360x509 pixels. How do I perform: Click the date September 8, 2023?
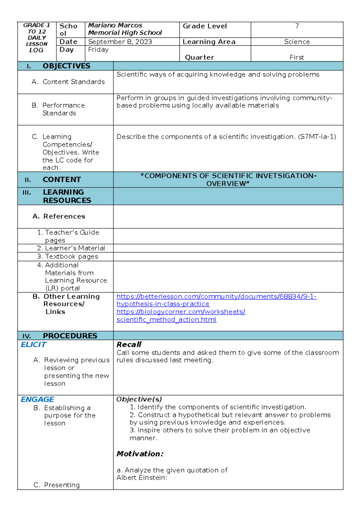120,42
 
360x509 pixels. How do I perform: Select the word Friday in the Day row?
98,50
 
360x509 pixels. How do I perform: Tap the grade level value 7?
297,26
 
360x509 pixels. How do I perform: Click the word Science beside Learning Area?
297,42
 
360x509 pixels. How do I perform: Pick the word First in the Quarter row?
297,57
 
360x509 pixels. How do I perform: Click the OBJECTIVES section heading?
66,66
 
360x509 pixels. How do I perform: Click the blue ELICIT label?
34,345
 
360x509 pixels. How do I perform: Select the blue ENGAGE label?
37,399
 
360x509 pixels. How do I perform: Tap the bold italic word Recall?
129,345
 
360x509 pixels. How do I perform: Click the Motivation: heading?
140,454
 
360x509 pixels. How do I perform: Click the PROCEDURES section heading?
70,336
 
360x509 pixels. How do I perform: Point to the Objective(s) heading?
139,399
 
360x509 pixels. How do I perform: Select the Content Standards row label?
73,82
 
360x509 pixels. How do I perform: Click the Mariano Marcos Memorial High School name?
125,29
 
